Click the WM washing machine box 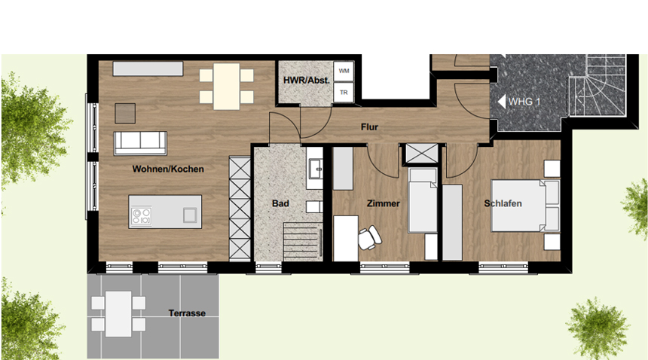click(x=344, y=72)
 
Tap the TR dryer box click(x=344, y=93)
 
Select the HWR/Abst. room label click(x=306, y=80)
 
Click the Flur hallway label click(x=369, y=127)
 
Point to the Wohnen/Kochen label click(x=168, y=169)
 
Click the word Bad click(x=280, y=203)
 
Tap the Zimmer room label click(x=384, y=203)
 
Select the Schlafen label click(x=503, y=203)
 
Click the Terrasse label click(x=187, y=313)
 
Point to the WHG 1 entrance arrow click(x=501, y=101)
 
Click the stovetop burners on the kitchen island click(x=142, y=216)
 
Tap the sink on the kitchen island click(x=190, y=215)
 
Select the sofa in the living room click(x=140, y=143)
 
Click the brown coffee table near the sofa click(x=125, y=113)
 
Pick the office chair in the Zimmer click(x=369, y=237)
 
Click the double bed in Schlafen click(x=525, y=205)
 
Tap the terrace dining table click(x=118, y=314)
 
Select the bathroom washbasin click(x=314, y=169)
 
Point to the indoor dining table click(x=227, y=87)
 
